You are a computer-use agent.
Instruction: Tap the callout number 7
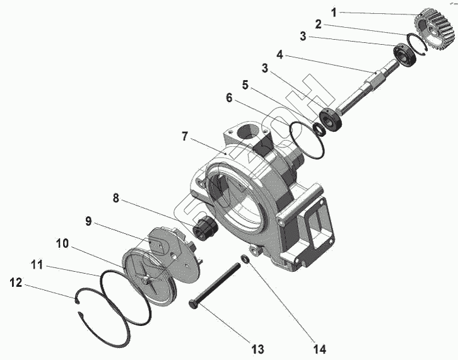pos(185,136)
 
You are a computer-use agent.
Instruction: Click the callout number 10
pos(62,243)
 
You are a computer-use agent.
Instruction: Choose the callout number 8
pos(115,198)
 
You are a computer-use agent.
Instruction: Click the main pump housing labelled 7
pos(265,189)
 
